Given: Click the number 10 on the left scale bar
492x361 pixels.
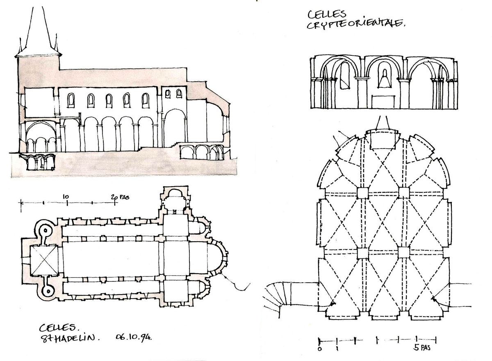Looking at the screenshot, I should (66, 196).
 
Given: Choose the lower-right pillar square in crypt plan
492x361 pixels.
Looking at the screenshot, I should (403, 253).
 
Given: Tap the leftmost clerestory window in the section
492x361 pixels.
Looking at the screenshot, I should (71, 100).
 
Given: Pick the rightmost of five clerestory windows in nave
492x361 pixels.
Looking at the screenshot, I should (146, 100).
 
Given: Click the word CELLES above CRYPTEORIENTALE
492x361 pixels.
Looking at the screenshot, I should (323, 14).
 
